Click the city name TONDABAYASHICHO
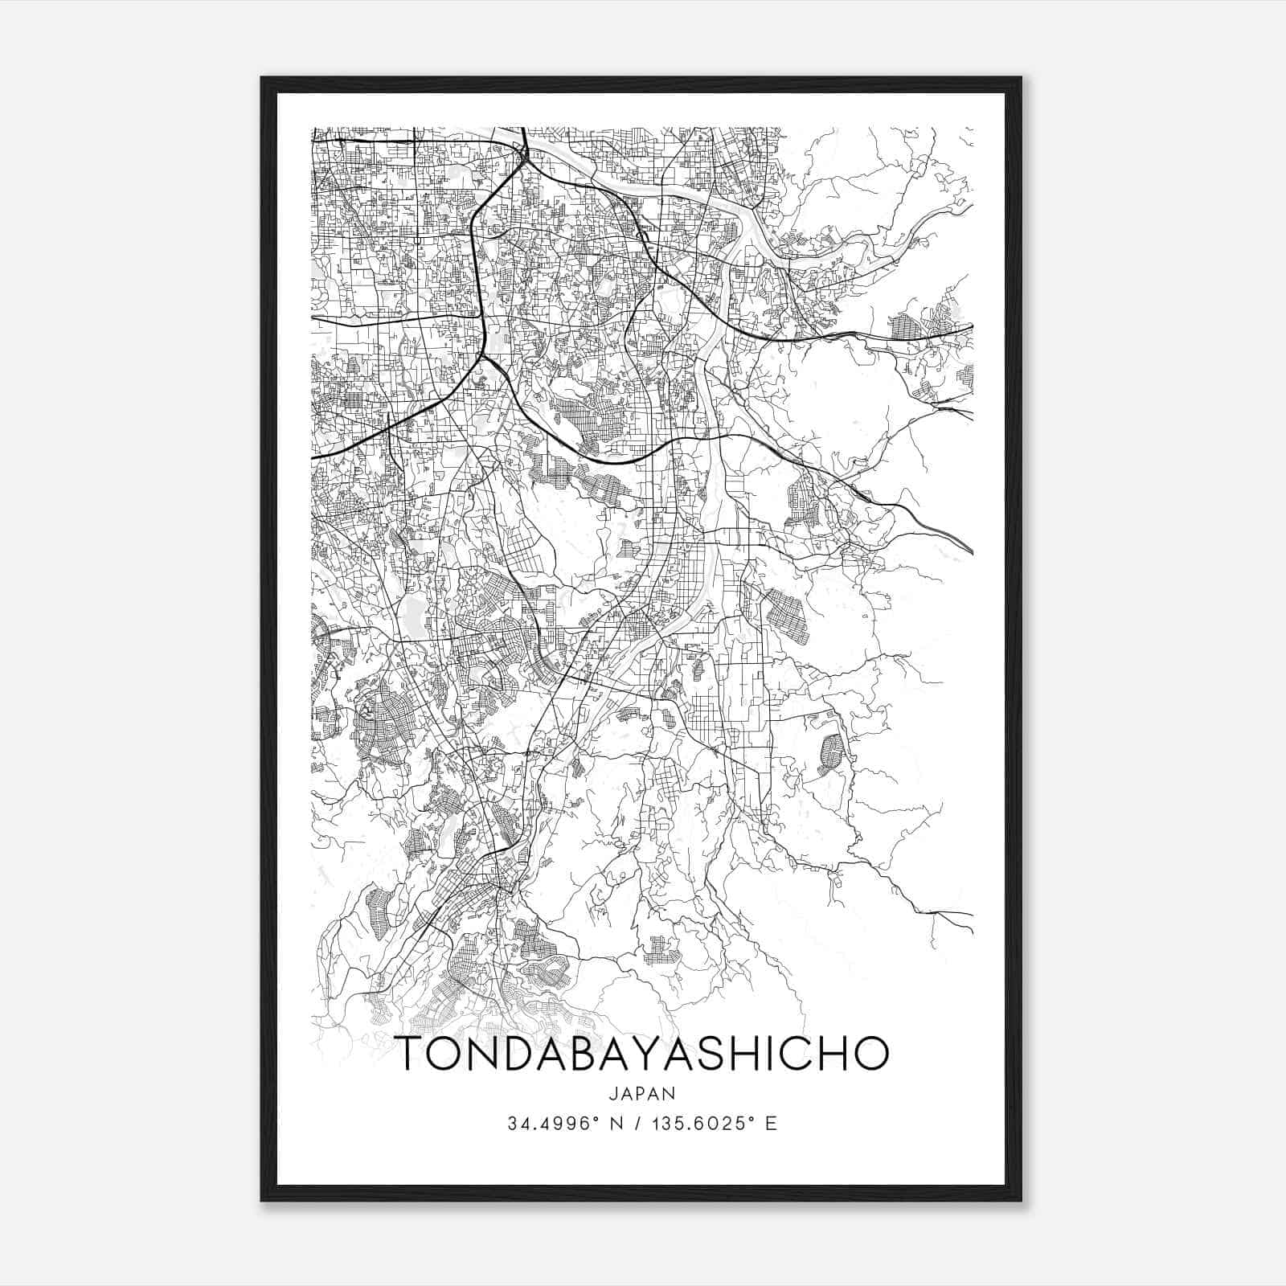[643, 1054]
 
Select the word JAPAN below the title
[643, 1093]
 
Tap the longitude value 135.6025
[701, 1124]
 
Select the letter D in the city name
[521, 1054]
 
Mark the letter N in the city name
[485, 1054]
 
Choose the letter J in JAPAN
[612, 1093]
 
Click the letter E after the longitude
[772, 1124]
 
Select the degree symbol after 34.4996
[596, 1119]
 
